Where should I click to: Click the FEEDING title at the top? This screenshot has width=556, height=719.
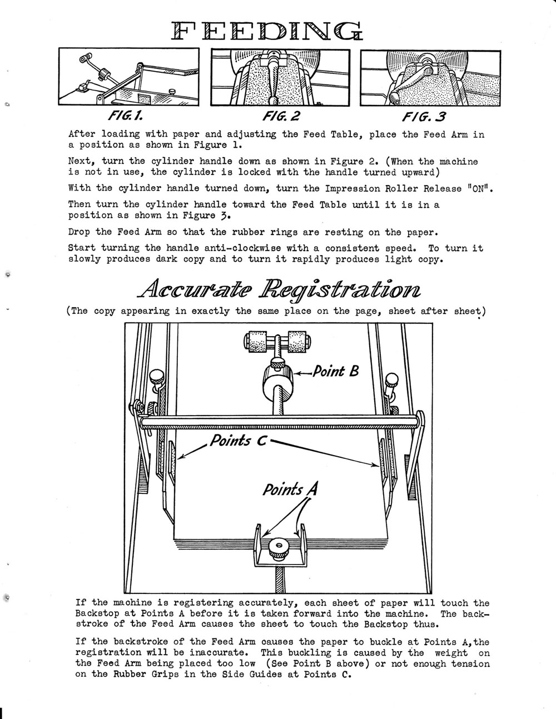point(267,32)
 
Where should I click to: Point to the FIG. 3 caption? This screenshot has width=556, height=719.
point(424,116)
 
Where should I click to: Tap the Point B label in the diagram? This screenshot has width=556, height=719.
point(336,371)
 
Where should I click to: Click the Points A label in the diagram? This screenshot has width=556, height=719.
point(290,489)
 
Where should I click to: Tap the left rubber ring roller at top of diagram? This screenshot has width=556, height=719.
point(257,341)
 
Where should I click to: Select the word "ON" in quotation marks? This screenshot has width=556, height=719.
point(478,188)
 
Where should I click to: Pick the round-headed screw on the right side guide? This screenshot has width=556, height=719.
point(391,380)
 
